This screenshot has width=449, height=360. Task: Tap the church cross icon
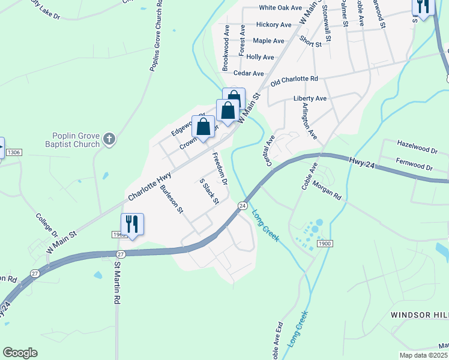click(x=109, y=140)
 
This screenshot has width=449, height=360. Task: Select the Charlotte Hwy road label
click(x=149, y=187)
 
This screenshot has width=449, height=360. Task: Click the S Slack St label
click(x=208, y=191)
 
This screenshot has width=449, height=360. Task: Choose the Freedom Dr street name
click(x=220, y=169)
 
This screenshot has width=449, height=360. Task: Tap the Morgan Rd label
click(x=327, y=191)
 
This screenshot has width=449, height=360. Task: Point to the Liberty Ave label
click(x=310, y=98)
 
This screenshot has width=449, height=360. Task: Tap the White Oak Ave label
click(x=280, y=8)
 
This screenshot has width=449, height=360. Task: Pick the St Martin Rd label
click(x=118, y=281)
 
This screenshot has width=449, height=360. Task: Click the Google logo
click(x=20, y=353)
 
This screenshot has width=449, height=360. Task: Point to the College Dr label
click(x=46, y=225)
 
